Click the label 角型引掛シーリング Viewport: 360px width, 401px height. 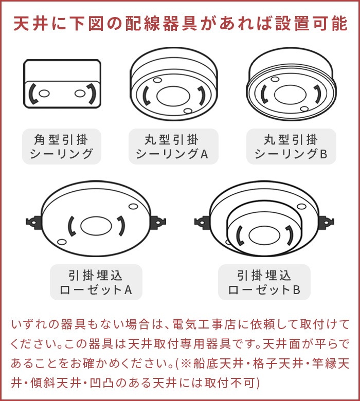click(62, 147)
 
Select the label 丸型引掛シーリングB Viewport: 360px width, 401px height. click(291, 147)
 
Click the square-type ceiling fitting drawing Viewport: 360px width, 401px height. click(62, 85)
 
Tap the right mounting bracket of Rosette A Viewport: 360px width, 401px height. click(158, 222)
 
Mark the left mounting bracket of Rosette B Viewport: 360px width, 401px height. click(202, 222)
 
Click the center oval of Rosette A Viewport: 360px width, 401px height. click(96, 225)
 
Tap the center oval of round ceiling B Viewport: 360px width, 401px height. click(291, 94)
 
